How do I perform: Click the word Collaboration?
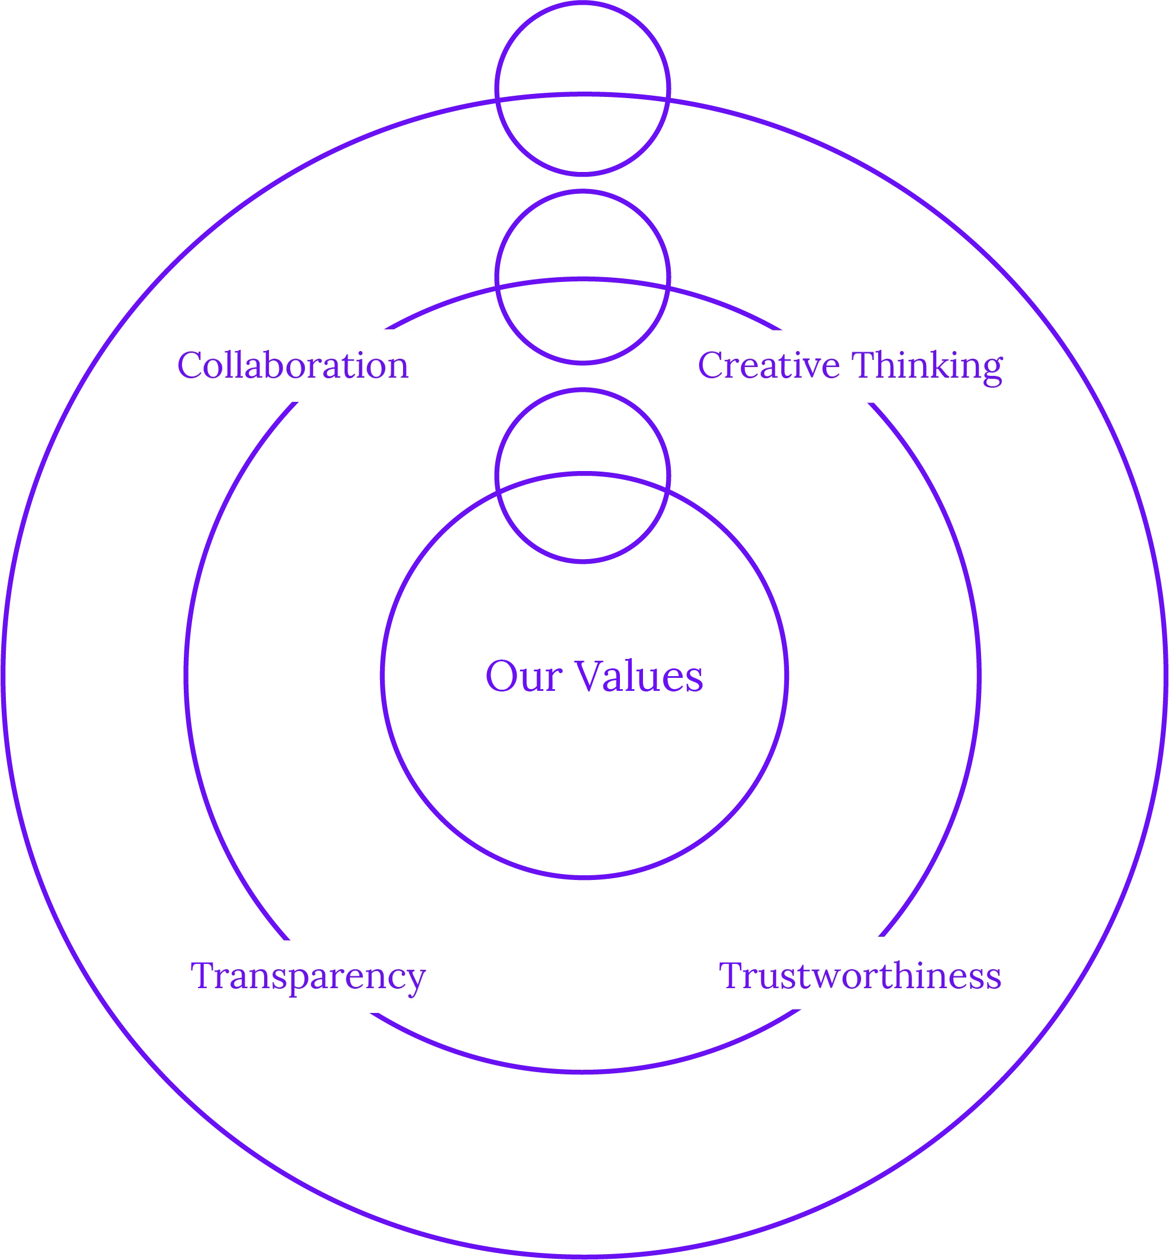tap(293, 366)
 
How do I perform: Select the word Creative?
tap(769, 366)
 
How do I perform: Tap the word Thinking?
tap(927, 366)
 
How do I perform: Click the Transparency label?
tap(307, 975)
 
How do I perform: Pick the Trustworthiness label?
tap(860, 975)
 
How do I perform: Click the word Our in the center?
tap(523, 677)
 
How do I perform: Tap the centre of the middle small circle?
tap(582, 277)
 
